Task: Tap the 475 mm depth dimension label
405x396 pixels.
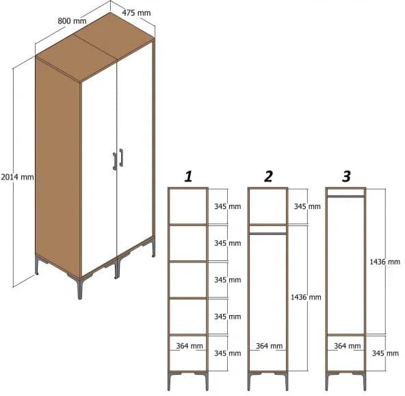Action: (x=136, y=12)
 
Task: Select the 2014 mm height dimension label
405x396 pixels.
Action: (x=17, y=176)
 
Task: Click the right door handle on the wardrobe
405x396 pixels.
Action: (x=121, y=157)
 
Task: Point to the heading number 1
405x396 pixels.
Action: (x=188, y=177)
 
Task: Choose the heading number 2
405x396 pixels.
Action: (x=268, y=177)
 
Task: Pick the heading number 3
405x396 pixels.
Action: (x=346, y=177)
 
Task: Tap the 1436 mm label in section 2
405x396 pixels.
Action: (x=305, y=297)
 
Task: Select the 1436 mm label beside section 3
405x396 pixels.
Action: (x=385, y=262)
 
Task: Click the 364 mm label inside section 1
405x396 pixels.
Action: (x=189, y=346)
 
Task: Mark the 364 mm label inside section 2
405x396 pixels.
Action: (x=268, y=346)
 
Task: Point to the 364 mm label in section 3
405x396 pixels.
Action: (x=347, y=346)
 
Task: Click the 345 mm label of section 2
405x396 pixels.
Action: (x=306, y=206)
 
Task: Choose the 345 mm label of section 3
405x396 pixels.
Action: (x=384, y=354)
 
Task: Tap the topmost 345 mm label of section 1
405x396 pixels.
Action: (x=227, y=206)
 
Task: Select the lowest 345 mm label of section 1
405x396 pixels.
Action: (x=227, y=354)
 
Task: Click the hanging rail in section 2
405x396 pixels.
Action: (x=267, y=234)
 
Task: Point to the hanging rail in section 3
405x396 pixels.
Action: (x=345, y=196)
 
